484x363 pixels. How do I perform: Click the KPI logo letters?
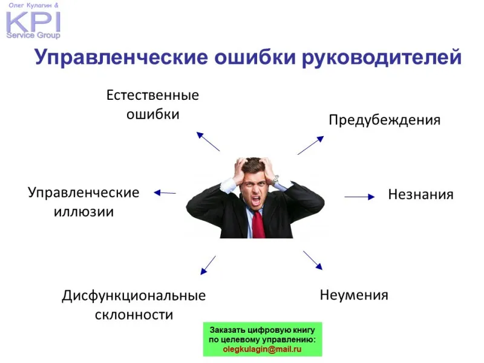coord(33,22)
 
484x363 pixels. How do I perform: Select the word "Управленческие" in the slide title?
coord(122,57)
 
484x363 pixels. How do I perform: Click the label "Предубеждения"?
coord(384,120)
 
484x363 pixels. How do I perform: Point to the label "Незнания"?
coord(420,194)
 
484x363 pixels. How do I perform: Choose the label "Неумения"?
coord(354,295)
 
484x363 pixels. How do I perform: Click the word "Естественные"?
coord(152,95)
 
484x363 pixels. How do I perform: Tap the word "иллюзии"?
coord(83,212)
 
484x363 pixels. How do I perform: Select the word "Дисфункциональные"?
coord(134,296)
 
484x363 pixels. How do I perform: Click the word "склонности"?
coord(134,315)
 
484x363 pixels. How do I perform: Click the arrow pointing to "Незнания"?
coord(359,197)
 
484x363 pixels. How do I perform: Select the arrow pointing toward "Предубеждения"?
coord(310,145)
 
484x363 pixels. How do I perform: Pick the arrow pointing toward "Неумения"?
coord(313,260)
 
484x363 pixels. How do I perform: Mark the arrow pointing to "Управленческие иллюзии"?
coord(165,193)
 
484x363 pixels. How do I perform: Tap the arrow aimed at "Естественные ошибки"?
coord(208,142)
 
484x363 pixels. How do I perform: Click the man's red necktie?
coord(258,224)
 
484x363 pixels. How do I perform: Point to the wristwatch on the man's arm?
coord(275,179)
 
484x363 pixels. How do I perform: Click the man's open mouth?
coord(256,201)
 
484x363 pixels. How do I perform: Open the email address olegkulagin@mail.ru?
coord(262,350)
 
